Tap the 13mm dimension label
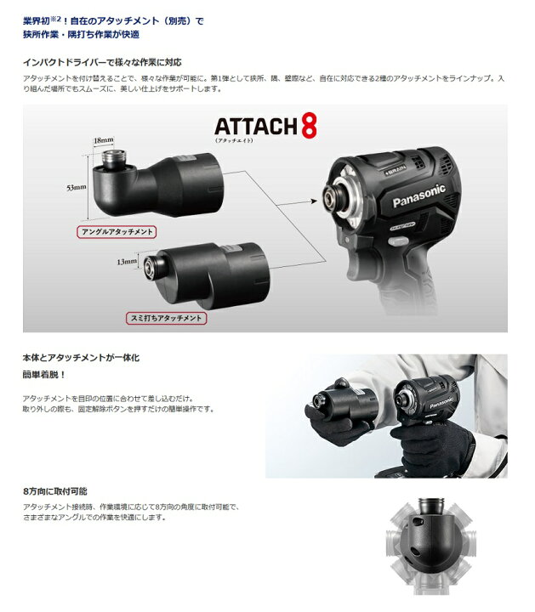coord(126,263)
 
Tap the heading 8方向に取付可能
coord(55,491)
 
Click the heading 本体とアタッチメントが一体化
coord(82,358)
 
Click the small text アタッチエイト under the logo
coord(240,140)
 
